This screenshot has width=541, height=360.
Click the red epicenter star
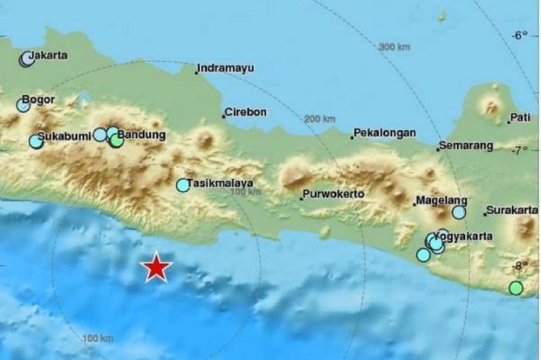pos(156,267)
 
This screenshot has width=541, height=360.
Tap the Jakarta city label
pos(49,55)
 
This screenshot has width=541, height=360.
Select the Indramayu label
pos(226,68)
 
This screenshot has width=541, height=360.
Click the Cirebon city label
pos(245,112)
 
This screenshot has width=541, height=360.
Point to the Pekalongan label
pos(384,132)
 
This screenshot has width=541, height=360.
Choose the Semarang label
pos(466,145)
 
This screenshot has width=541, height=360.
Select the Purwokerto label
pos(333,194)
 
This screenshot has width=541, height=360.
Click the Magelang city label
pos(434,200)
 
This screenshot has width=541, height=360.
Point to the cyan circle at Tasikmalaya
pos(183,185)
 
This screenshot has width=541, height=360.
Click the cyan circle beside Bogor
pos(23,105)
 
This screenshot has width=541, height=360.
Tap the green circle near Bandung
pos(116,141)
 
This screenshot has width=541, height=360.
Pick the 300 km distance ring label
pos(394,47)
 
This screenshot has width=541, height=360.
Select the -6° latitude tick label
pos(520,35)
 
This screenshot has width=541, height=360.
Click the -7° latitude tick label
pos(520,150)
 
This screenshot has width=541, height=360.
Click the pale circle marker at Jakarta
pos(26,60)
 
